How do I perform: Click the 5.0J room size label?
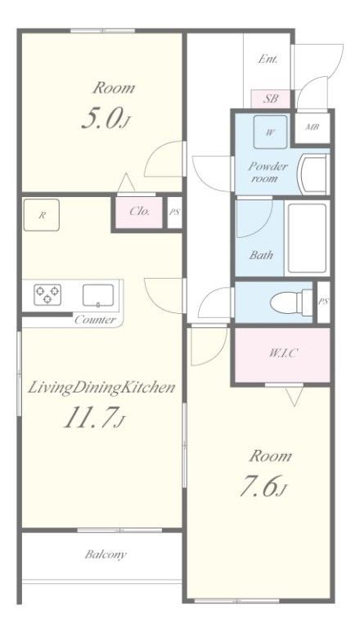[x=105, y=119]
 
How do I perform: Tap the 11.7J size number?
[x=95, y=417]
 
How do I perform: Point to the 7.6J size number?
[x=263, y=487]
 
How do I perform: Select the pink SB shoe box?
[x=270, y=98]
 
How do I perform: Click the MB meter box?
[x=313, y=128]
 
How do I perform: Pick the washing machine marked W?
[x=270, y=132]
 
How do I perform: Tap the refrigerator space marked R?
[x=41, y=215]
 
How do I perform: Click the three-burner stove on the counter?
[x=47, y=294]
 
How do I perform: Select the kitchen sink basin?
[x=98, y=295]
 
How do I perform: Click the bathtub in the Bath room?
[x=308, y=238]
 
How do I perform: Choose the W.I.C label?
[x=283, y=353]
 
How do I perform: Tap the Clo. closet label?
[x=140, y=211]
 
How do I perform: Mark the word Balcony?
[x=106, y=554]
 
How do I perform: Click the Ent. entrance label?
[x=268, y=59]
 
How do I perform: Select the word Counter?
[x=96, y=320]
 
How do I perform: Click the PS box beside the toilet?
[x=323, y=302]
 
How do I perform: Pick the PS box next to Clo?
[x=174, y=213]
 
